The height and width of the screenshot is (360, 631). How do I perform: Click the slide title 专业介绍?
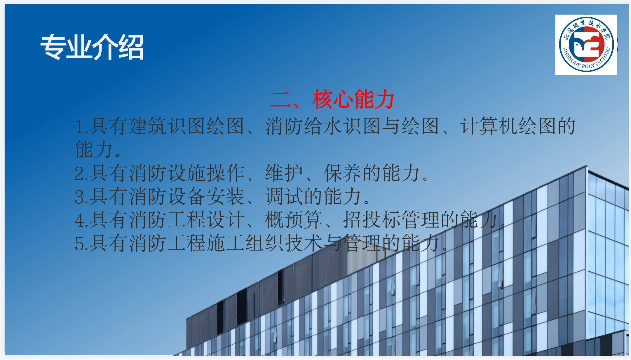pos(92,47)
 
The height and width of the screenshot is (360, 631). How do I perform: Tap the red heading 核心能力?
pos(353,99)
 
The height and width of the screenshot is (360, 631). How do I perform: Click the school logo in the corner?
pos(586,44)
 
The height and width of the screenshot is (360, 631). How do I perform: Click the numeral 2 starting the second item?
pos(79,174)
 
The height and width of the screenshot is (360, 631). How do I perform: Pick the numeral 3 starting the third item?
pos(79,197)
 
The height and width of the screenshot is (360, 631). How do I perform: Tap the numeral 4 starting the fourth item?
pos(79,221)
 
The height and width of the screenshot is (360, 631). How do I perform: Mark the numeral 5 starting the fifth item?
pos(79,244)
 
